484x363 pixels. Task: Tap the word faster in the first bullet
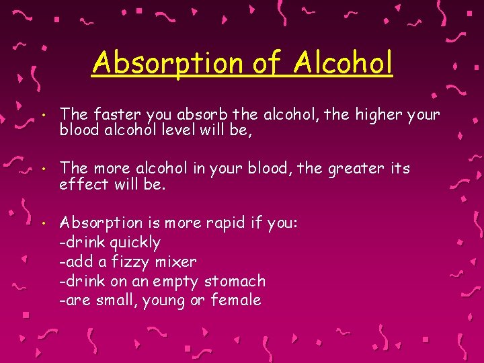(110, 114)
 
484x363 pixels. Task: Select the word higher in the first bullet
(378, 114)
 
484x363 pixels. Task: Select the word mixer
(175, 261)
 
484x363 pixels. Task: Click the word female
(236, 300)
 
